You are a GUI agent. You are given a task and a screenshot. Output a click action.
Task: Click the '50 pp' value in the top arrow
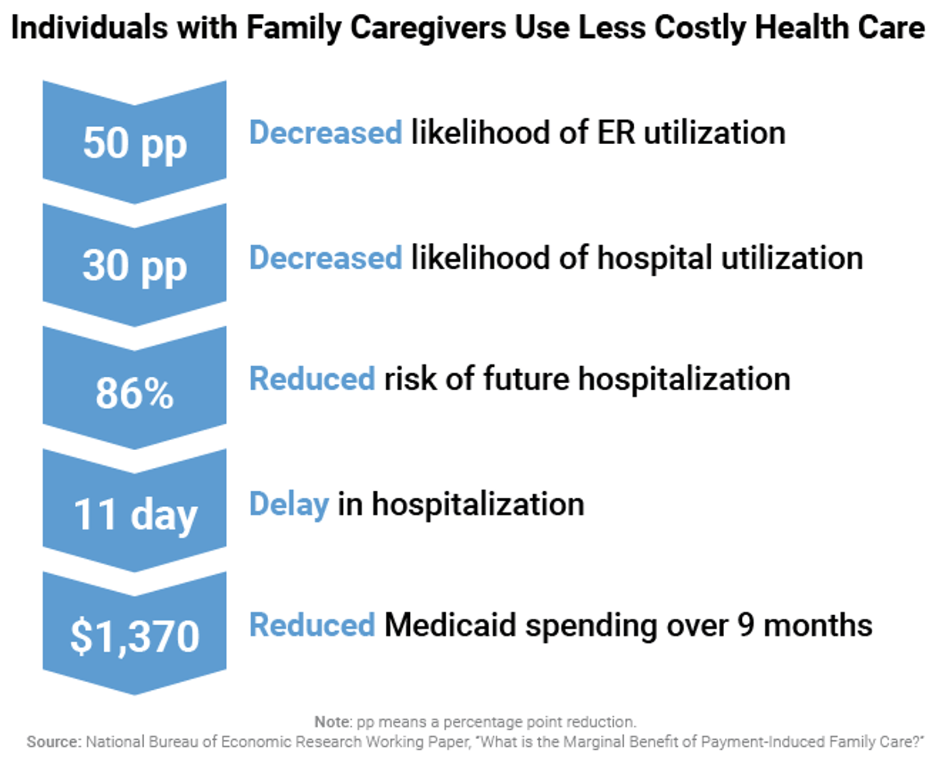[x=135, y=144]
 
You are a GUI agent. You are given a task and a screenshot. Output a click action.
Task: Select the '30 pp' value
[x=135, y=266]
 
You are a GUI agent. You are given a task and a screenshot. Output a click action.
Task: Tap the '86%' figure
[x=135, y=393]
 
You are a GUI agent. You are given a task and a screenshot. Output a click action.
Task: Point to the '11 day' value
[x=135, y=515]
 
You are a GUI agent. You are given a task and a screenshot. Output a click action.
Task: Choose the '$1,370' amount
[x=135, y=636]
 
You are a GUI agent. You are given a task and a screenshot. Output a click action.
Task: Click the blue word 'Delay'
[x=289, y=505]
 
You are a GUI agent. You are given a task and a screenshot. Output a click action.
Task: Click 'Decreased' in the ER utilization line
[x=325, y=133]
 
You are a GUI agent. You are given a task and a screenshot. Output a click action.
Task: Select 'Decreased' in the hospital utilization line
[x=325, y=259]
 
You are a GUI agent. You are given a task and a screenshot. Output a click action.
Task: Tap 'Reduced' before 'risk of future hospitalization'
[x=312, y=379]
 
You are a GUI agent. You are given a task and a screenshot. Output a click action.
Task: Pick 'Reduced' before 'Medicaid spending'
[x=312, y=625]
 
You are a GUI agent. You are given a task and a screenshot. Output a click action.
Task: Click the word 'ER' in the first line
[x=615, y=133]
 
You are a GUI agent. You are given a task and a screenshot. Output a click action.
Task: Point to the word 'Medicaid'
[x=450, y=625]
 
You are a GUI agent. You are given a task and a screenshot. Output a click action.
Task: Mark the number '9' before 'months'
[x=746, y=625]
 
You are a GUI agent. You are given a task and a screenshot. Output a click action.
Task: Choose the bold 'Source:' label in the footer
[x=54, y=742]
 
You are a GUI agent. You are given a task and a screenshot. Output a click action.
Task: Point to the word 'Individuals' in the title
[x=89, y=28]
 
